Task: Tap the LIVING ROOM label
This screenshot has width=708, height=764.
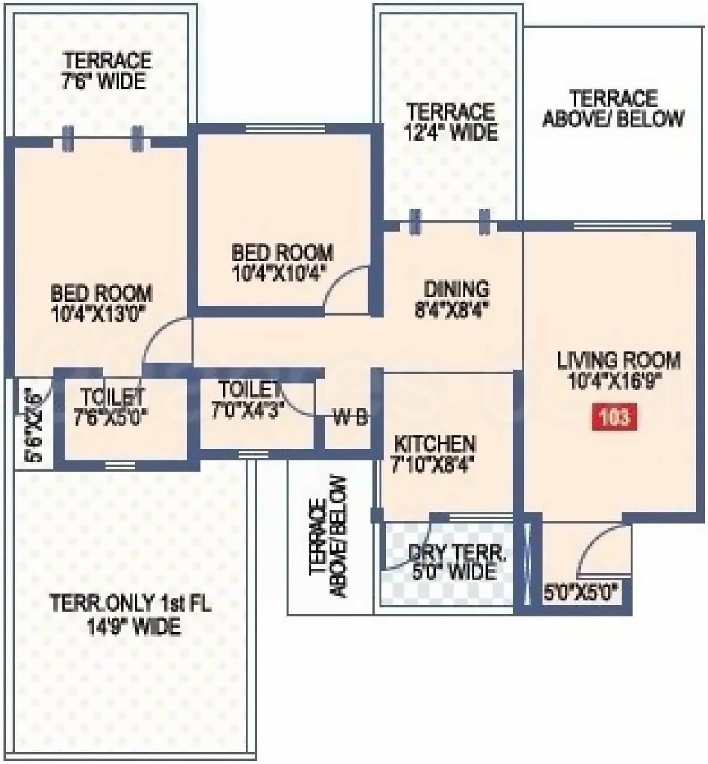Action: click(619, 361)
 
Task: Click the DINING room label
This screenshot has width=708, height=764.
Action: click(456, 289)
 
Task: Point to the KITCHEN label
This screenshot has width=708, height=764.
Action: click(435, 445)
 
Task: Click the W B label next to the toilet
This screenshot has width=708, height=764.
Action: click(350, 418)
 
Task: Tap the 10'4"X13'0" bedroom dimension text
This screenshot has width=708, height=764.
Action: click(100, 314)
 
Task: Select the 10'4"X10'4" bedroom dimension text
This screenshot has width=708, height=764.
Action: click(279, 273)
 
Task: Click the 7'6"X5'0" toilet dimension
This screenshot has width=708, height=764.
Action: click(110, 417)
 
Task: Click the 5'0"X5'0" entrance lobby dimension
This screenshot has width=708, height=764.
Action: click(580, 594)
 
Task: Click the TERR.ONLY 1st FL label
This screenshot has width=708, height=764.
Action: click(130, 603)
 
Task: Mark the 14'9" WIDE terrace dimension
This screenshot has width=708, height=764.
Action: click(133, 627)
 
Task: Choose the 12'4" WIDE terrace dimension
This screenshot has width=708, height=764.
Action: click(451, 132)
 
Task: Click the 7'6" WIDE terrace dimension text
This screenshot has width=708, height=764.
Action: click(104, 81)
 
